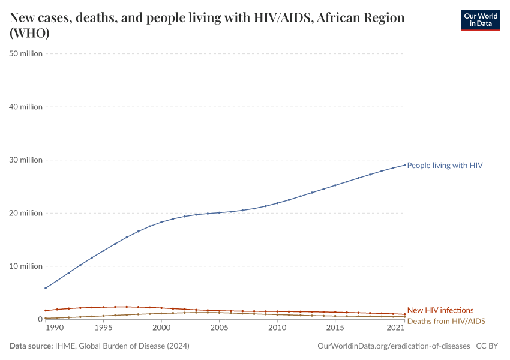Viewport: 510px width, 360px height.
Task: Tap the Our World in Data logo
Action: click(480, 20)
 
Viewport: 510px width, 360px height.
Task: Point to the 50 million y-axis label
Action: click(26, 54)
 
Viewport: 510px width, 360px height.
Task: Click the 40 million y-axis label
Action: click(26, 107)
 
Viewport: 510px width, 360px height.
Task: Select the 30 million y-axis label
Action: click(26, 160)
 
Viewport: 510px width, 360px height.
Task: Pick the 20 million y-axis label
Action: click(26, 213)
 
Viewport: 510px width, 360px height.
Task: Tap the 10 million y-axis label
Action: click(26, 266)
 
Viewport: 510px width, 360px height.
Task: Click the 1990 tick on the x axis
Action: click(54, 328)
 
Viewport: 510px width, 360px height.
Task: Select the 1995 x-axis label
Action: click(103, 328)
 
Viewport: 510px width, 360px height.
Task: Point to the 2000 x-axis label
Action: click(161, 328)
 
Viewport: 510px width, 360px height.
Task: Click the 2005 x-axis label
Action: click(219, 328)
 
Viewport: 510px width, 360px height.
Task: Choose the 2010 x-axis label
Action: click(277, 328)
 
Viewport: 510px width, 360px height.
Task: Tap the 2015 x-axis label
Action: click(335, 328)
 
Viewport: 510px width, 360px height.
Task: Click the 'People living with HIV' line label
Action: click(445, 165)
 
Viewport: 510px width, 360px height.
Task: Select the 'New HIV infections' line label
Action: click(440, 310)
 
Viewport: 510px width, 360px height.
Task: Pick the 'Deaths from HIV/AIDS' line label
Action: click(446, 321)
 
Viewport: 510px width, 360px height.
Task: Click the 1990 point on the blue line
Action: click(46, 288)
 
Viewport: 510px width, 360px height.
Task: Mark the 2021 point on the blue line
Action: click(404, 165)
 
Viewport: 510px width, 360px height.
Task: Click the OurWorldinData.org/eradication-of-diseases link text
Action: click(393, 346)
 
